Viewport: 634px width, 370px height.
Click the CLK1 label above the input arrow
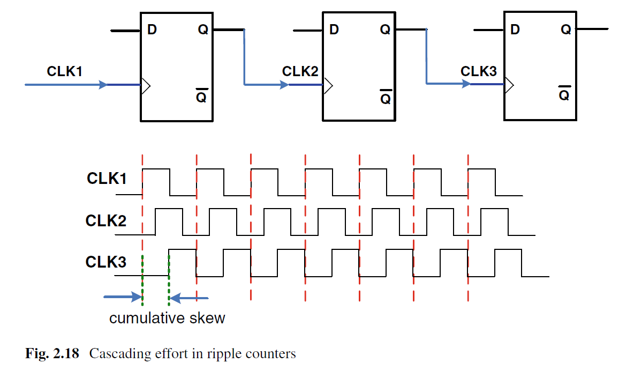(x=65, y=71)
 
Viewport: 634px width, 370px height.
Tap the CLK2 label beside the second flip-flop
(x=300, y=71)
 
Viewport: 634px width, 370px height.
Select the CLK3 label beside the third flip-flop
(x=479, y=71)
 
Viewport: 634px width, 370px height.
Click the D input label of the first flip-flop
(x=152, y=30)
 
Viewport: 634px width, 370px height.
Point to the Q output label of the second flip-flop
(x=385, y=30)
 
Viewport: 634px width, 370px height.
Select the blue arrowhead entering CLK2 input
(x=284, y=85)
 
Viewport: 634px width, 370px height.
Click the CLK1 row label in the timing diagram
(x=107, y=179)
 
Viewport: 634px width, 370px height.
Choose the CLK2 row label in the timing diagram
(x=106, y=220)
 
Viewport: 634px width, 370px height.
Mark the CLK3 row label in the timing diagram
(x=106, y=262)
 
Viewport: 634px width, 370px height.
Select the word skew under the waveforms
(x=207, y=318)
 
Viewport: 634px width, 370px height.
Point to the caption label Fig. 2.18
(x=52, y=354)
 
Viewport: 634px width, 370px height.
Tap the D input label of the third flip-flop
(x=515, y=30)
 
